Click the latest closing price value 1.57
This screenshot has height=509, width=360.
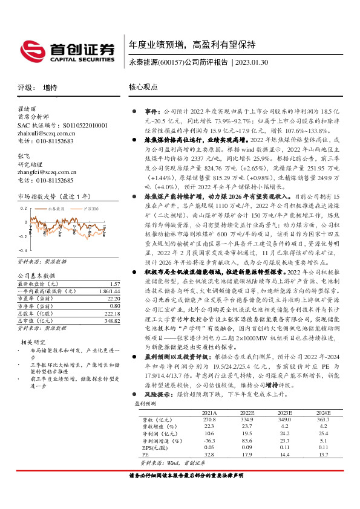click(113, 284)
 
